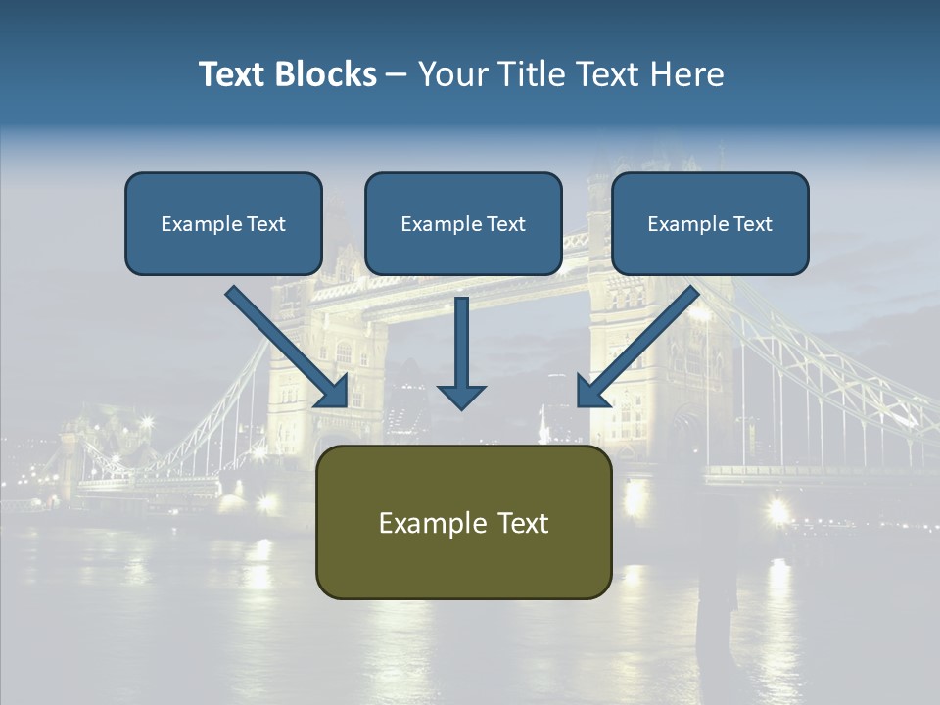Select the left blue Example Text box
click(x=223, y=223)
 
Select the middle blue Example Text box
click(x=463, y=223)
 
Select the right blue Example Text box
click(x=710, y=223)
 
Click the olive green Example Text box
click(x=463, y=522)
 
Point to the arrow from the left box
click(x=284, y=343)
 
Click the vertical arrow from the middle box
click(x=461, y=343)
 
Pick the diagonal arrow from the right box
click(x=641, y=343)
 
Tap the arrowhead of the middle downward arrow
click(x=461, y=396)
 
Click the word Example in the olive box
click(x=429, y=523)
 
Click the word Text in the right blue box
click(x=752, y=224)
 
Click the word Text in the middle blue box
click(x=505, y=224)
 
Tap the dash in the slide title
click(x=397, y=74)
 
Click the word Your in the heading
click(x=453, y=74)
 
